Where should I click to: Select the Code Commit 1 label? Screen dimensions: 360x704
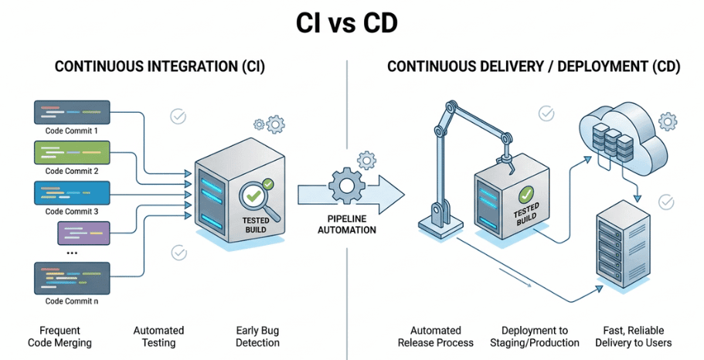point(71,131)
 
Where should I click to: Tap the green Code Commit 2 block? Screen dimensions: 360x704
point(71,151)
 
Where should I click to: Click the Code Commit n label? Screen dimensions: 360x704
point(71,301)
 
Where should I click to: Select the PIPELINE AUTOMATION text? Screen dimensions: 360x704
point(346,224)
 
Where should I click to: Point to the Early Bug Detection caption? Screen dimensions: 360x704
point(258,336)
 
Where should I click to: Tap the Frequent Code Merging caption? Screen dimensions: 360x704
point(59,336)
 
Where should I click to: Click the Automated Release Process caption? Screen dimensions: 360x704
point(435,336)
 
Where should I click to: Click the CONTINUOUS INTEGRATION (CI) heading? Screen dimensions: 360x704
point(160,67)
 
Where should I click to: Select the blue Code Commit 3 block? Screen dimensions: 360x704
point(71,192)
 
